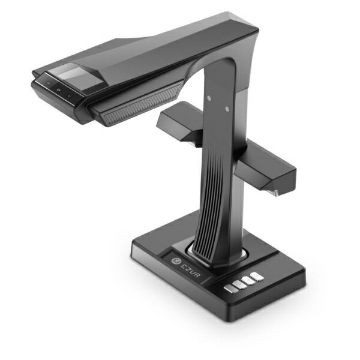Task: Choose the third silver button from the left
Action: pyautogui.click(x=247, y=281)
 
